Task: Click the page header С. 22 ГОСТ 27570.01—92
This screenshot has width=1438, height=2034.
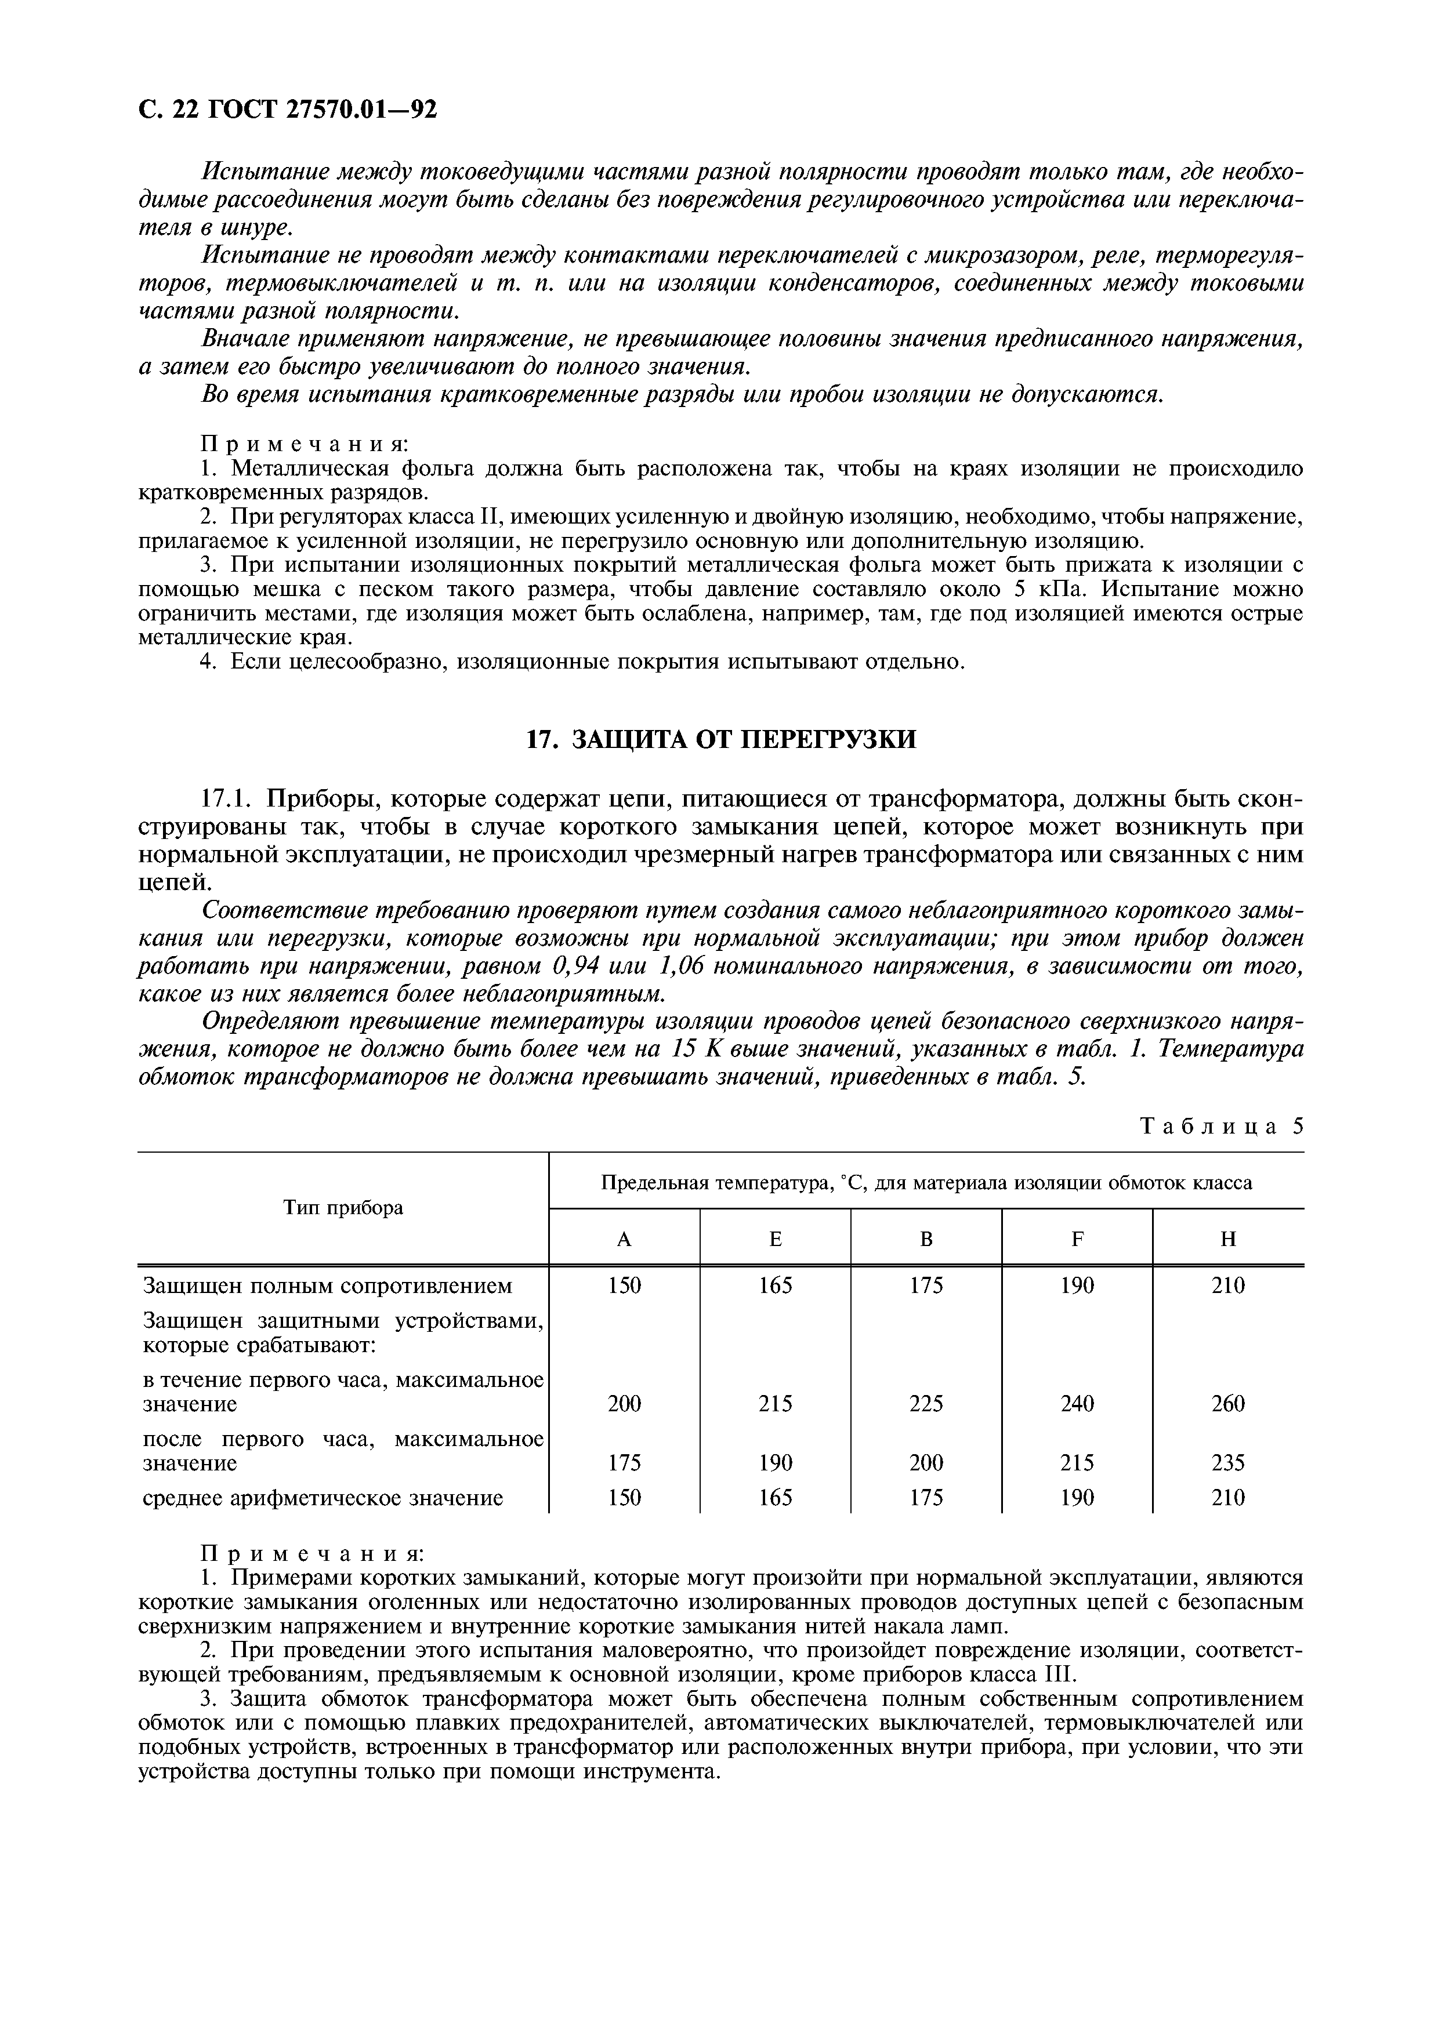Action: pyautogui.click(x=288, y=109)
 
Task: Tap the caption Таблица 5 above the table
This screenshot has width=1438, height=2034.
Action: pyautogui.click(x=1221, y=1127)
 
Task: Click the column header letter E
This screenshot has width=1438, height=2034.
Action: pyautogui.click(x=775, y=1240)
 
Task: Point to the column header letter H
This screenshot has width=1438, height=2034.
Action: pyautogui.click(x=1228, y=1240)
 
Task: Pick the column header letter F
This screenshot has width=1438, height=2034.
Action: pyautogui.click(x=1077, y=1240)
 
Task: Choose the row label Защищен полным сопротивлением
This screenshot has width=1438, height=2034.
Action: pyautogui.click(x=328, y=1285)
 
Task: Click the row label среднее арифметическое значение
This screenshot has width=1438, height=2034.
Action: pyautogui.click(x=323, y=1498)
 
